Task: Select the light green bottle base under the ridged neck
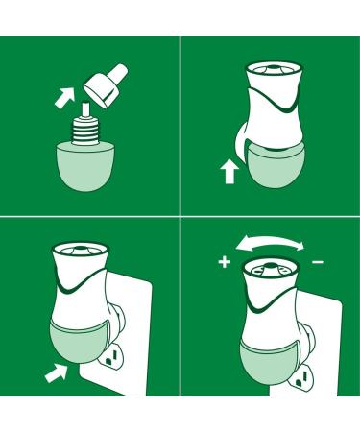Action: point(89,164)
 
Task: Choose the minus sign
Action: point(318,260)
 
